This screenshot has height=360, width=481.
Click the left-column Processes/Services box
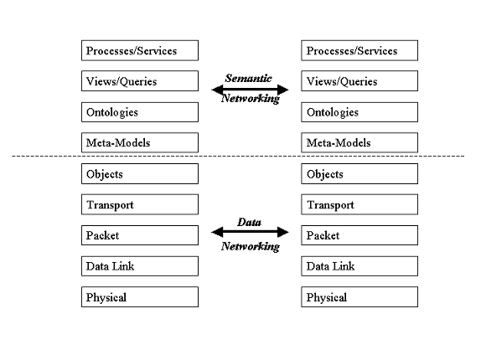click(140, 50)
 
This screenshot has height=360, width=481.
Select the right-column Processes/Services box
click(359, 50)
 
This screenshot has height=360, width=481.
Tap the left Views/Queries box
click(140, 81)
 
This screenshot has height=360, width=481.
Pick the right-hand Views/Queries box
click(359, 81)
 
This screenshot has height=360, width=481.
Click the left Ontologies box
click(140, 112)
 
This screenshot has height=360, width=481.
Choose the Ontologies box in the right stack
click(359, 112)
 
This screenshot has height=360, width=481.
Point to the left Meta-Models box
click(140, 142)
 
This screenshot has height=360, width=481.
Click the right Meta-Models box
click(359, 142)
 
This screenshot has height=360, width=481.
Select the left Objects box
click(140, 173)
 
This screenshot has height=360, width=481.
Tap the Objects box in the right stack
click(359, 173)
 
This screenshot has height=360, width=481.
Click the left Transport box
click(140, 204)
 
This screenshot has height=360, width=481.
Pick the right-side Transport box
click(359, 204)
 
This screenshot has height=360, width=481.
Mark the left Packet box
click(140, 235)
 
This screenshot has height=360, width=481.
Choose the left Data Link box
click(140, 266)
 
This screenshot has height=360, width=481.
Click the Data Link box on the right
click(359, 266)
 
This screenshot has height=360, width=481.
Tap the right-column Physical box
click(359, 297)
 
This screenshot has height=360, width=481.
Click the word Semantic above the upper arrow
click(249, 78)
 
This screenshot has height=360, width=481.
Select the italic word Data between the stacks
click(249, 222)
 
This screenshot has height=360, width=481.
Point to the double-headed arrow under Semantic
click(250, 90)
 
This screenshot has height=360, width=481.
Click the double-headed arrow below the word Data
click(250, 232)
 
